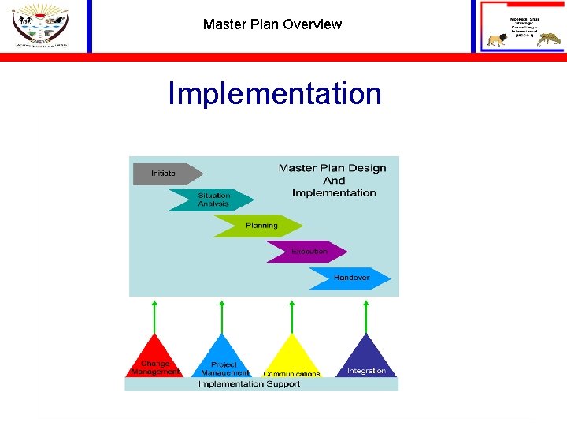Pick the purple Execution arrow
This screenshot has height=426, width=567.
307,252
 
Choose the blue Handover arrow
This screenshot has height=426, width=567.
350,278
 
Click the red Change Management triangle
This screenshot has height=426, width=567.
155,360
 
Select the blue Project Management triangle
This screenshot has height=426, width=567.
224,360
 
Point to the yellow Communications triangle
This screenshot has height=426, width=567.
292,360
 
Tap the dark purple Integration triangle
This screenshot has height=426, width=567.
366,360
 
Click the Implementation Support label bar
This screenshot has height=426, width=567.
261,384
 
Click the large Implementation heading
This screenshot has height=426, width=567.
274,93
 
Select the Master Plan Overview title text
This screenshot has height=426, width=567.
272,24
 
